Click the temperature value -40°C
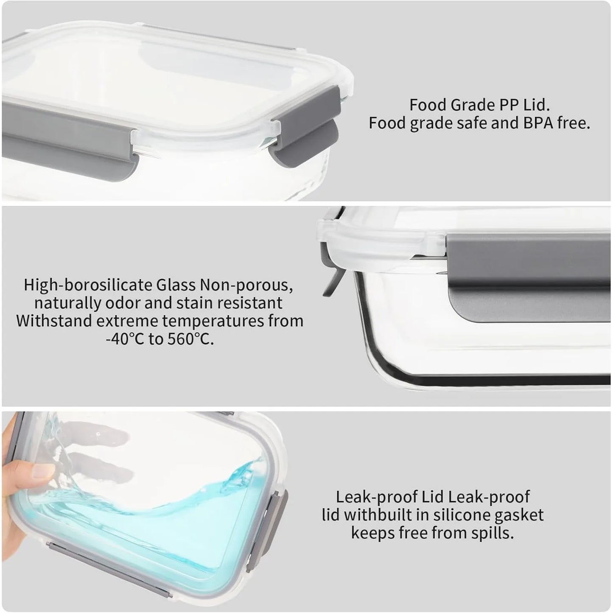pos(125,339)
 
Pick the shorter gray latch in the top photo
pos(305,124)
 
